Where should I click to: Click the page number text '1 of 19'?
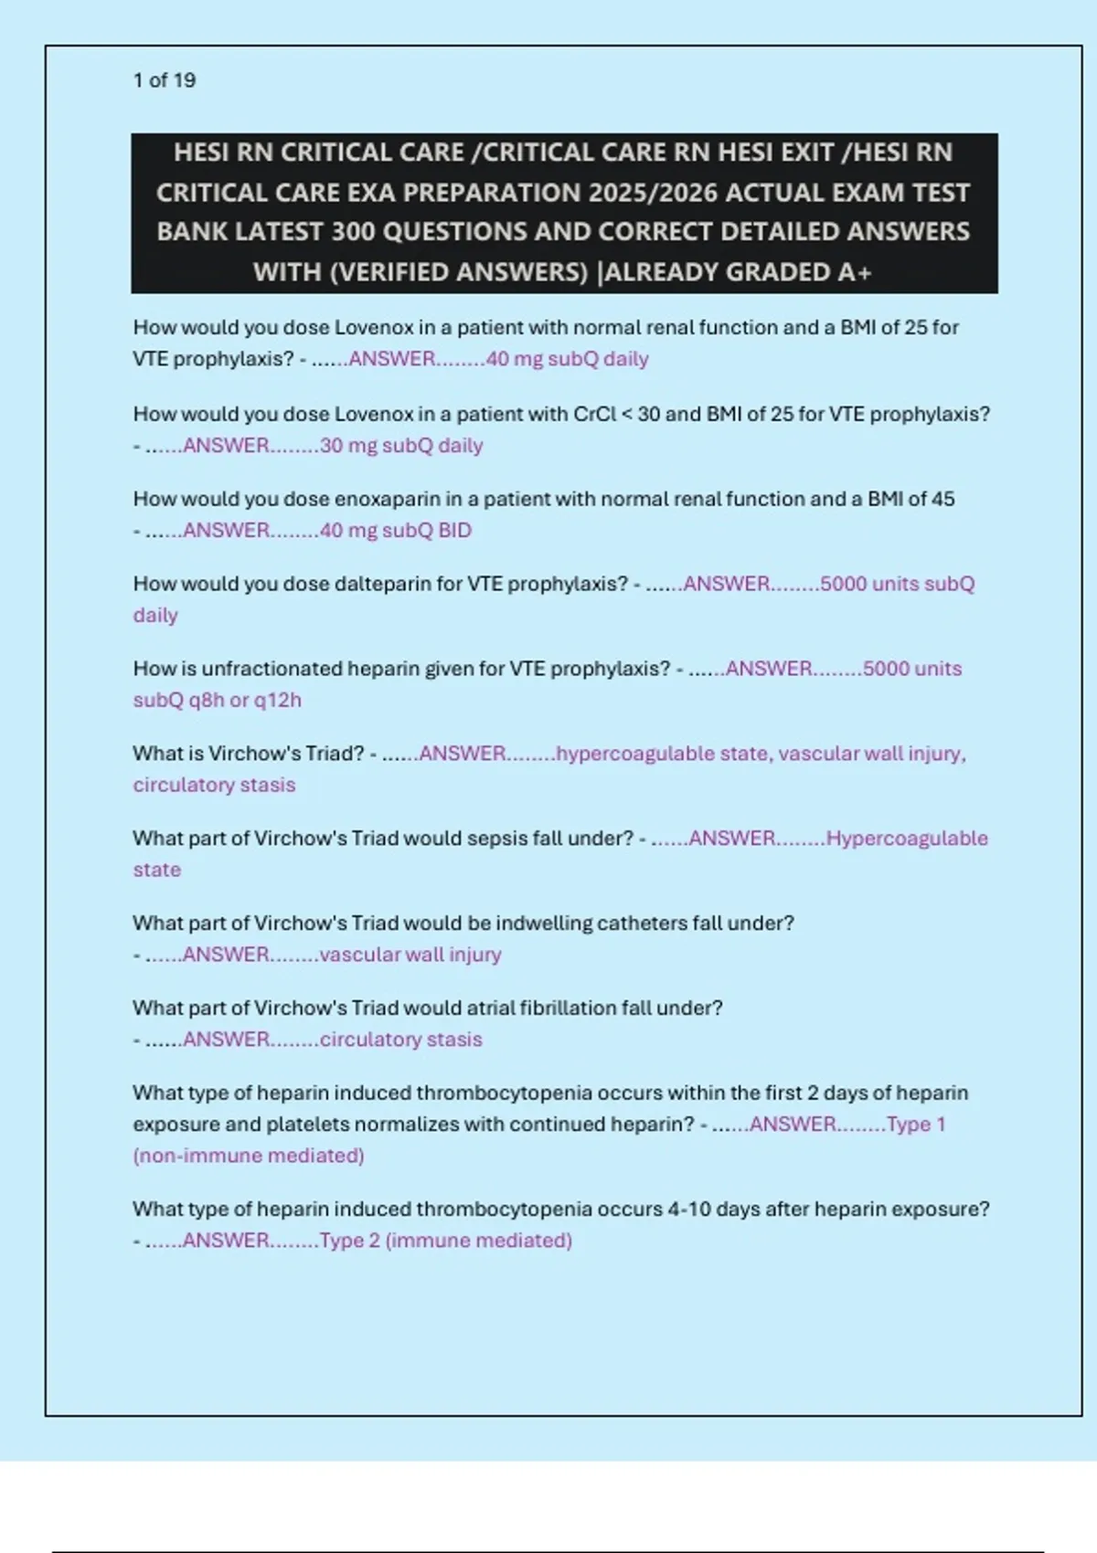(165, 80)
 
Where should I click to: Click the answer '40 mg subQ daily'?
(567, 359)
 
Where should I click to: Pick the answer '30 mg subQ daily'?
(401, 446)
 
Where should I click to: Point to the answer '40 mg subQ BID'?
(395, 531)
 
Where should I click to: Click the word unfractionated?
(271, 669)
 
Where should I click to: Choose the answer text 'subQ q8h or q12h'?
(218, 701)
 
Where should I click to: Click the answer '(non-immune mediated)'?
(249, 1157)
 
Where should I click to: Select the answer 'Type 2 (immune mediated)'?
(445, 1241)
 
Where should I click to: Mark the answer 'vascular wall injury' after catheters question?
(410, 955)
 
